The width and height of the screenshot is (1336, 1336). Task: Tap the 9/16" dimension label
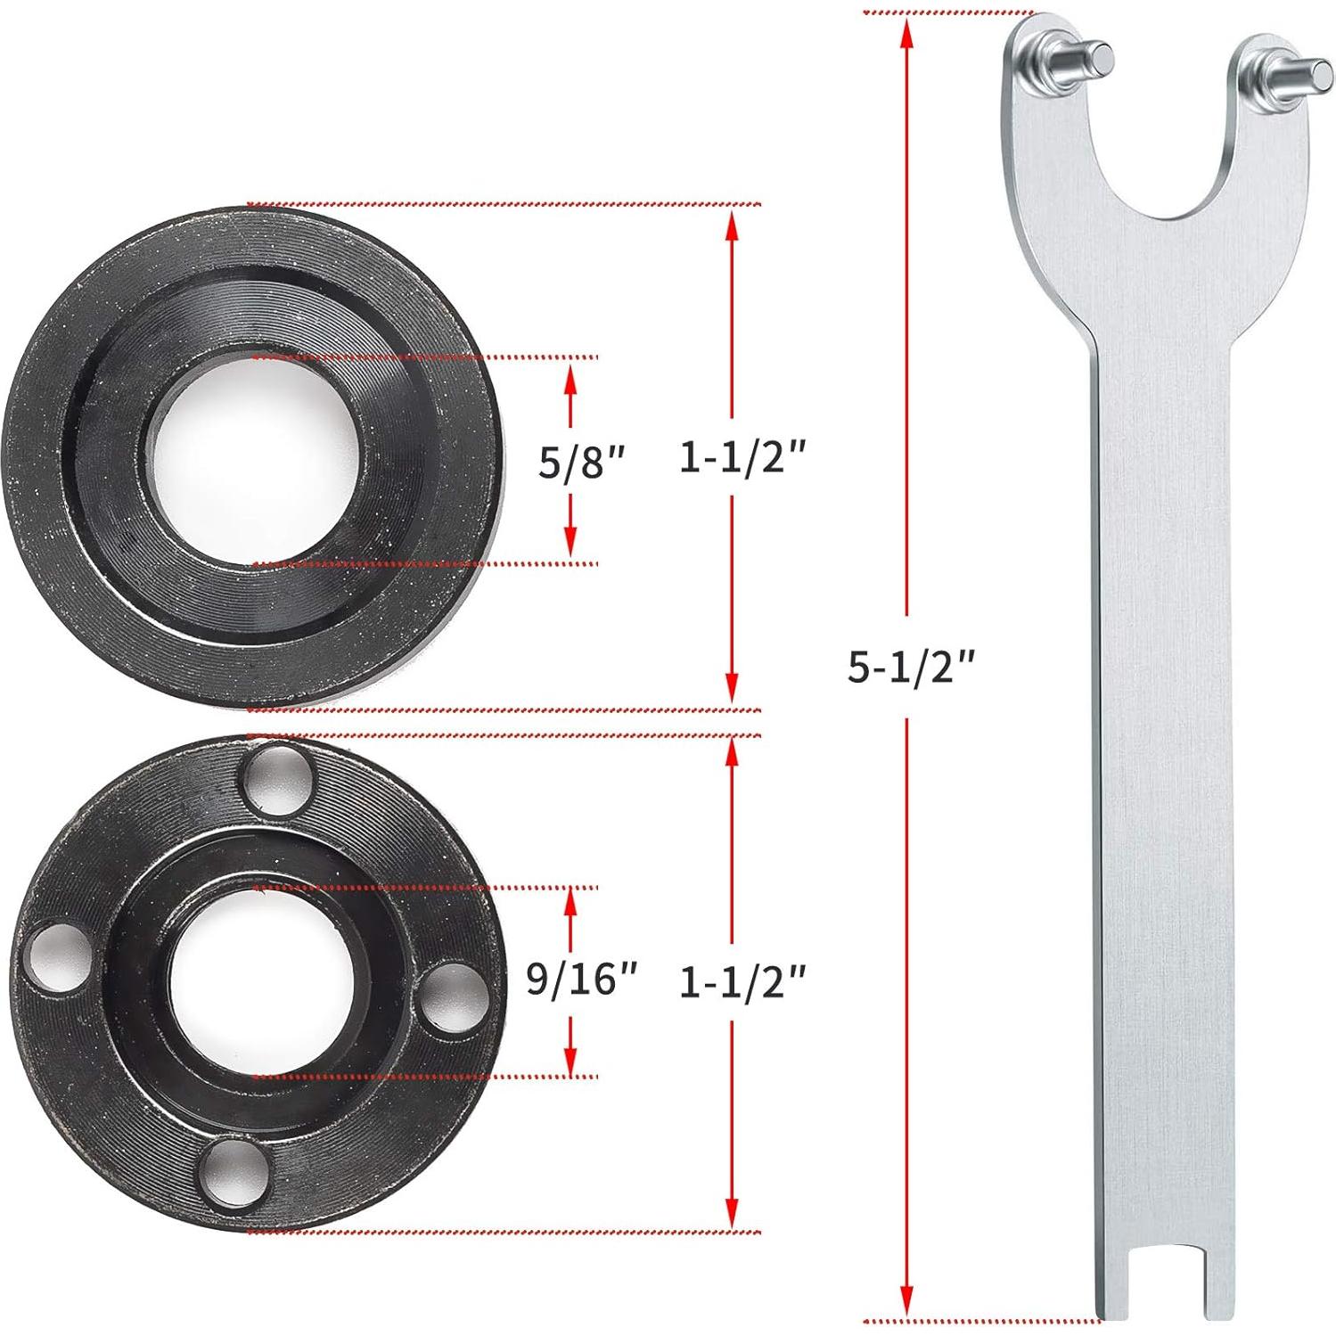coord(582,979)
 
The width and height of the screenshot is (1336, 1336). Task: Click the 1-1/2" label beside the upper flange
coord(742,458)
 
